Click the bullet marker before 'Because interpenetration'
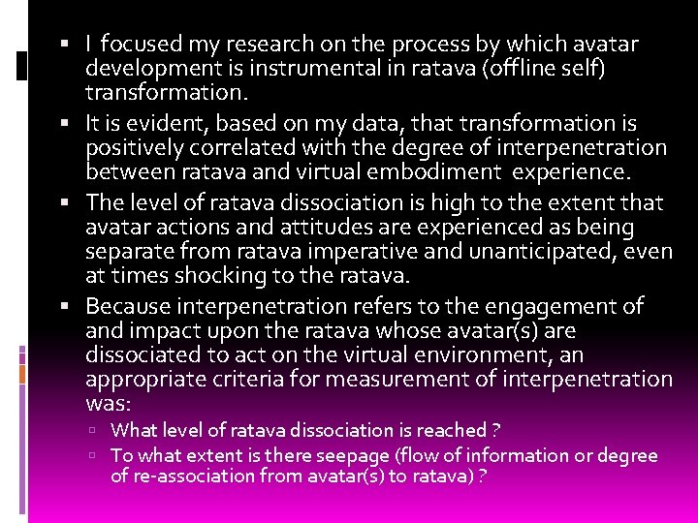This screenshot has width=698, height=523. click(x=75, y=307)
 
